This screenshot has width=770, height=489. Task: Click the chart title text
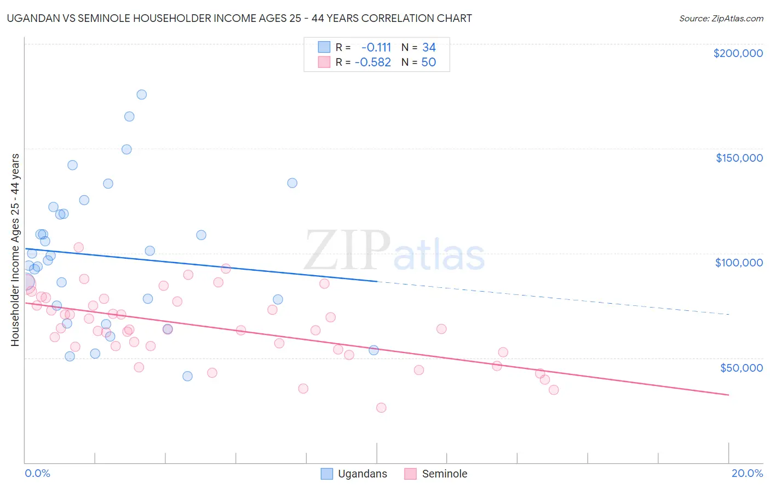(x=239, y=18)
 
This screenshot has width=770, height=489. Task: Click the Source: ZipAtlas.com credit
(x=721, y=19)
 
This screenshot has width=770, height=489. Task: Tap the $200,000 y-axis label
(x=738, y=53)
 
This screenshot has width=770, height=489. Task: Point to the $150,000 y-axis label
(x=739, y=158)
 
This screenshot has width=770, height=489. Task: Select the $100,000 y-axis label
(x=739, y=263)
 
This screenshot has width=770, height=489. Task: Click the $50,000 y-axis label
(x=741, y=367)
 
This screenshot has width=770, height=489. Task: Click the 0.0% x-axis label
(x=37, y=473)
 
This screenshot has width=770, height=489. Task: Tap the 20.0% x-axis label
(x=747, y=473)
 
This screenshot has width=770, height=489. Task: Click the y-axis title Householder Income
(x=15, y=249)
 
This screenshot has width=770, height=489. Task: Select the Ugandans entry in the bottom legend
(x=362, y=474)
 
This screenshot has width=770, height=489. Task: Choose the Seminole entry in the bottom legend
(x=444, y=474)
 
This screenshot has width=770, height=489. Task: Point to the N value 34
(x=429, y=47)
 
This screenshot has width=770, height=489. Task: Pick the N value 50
(x=428, y=62)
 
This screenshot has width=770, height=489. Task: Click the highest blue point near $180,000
(x=141, y=94)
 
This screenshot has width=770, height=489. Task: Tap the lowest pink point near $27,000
(x=381, y=408)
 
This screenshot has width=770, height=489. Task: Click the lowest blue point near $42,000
(x=187, y=376)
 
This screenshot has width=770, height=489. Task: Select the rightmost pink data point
(x=554, y=390)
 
